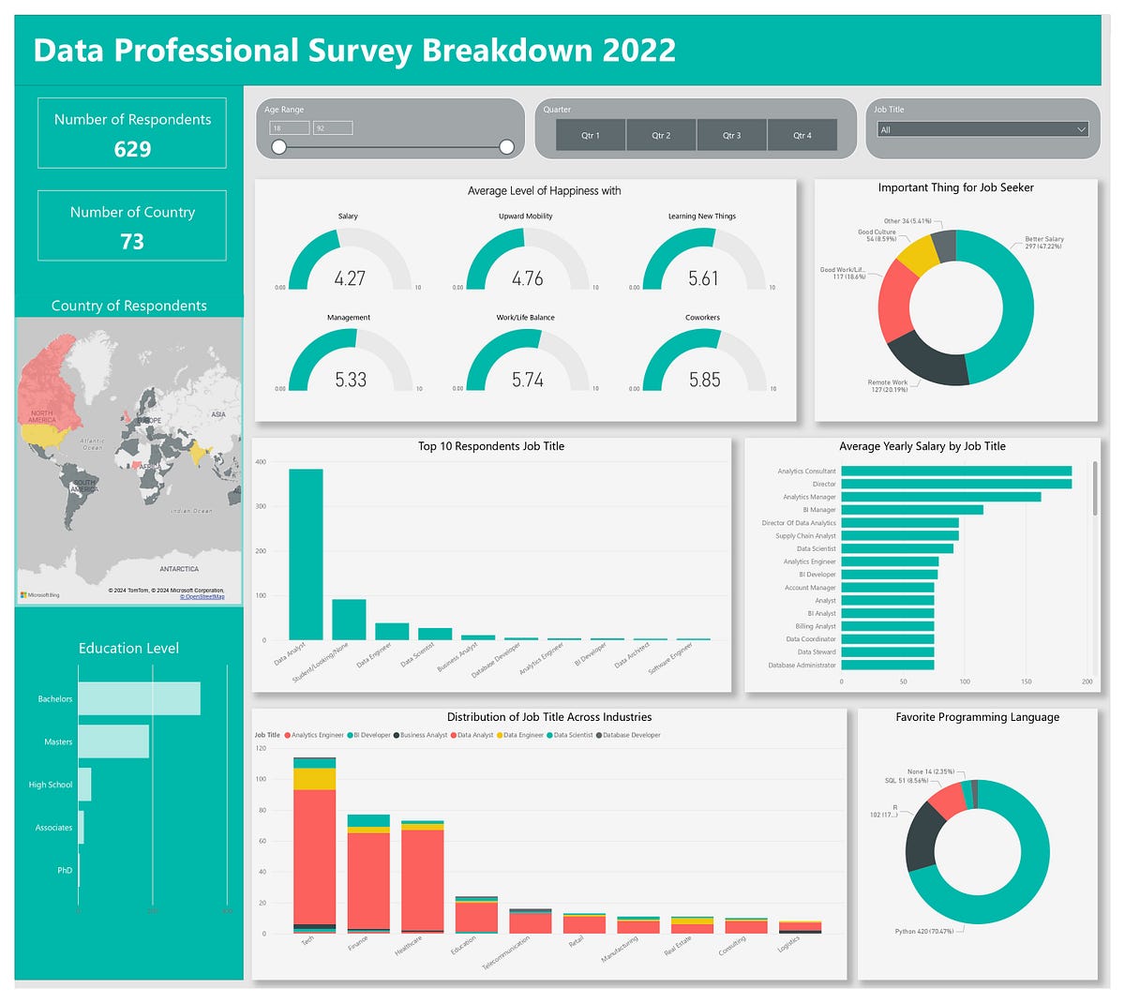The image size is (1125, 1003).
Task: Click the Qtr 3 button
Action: (x=731, y=135)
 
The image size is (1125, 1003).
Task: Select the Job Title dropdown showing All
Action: (x=982, y=129)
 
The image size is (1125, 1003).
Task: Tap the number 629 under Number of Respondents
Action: (x=132, y=149)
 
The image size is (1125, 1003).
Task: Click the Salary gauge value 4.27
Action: (x=350, y=278)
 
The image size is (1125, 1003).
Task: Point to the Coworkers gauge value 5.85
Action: (x=704, y=380)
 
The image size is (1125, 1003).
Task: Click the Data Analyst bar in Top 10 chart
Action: (x=306, y=554)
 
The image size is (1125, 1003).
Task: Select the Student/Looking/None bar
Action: (x=349, y=620)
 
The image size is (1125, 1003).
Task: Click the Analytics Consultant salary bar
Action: (x=956, y=472)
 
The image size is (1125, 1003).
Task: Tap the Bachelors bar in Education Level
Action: (x=139, y=698)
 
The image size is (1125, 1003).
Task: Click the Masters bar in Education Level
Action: (x=113, y=741)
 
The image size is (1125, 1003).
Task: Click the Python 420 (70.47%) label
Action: (x=923, y=932)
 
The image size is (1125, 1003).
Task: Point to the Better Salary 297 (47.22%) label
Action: (x=1043, y=243)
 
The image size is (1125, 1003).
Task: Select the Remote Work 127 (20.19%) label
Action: (x=887, y=385)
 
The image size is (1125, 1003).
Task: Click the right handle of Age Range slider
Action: (x=506, y=147)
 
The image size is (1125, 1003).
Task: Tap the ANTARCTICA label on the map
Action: (x=178, y=569)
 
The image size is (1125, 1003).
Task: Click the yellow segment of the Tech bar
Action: (x=314, y=778)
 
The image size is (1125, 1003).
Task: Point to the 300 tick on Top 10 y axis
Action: (x=261, y=506)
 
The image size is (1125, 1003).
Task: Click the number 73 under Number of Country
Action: (x=132, y=242)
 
